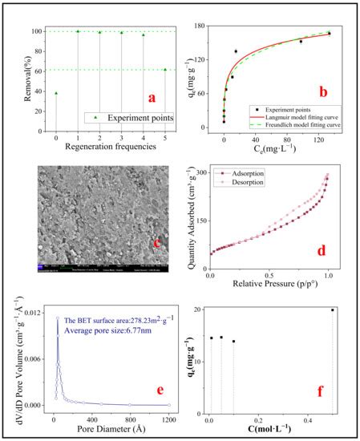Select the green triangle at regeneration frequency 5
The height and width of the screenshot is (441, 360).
[164, 69]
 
